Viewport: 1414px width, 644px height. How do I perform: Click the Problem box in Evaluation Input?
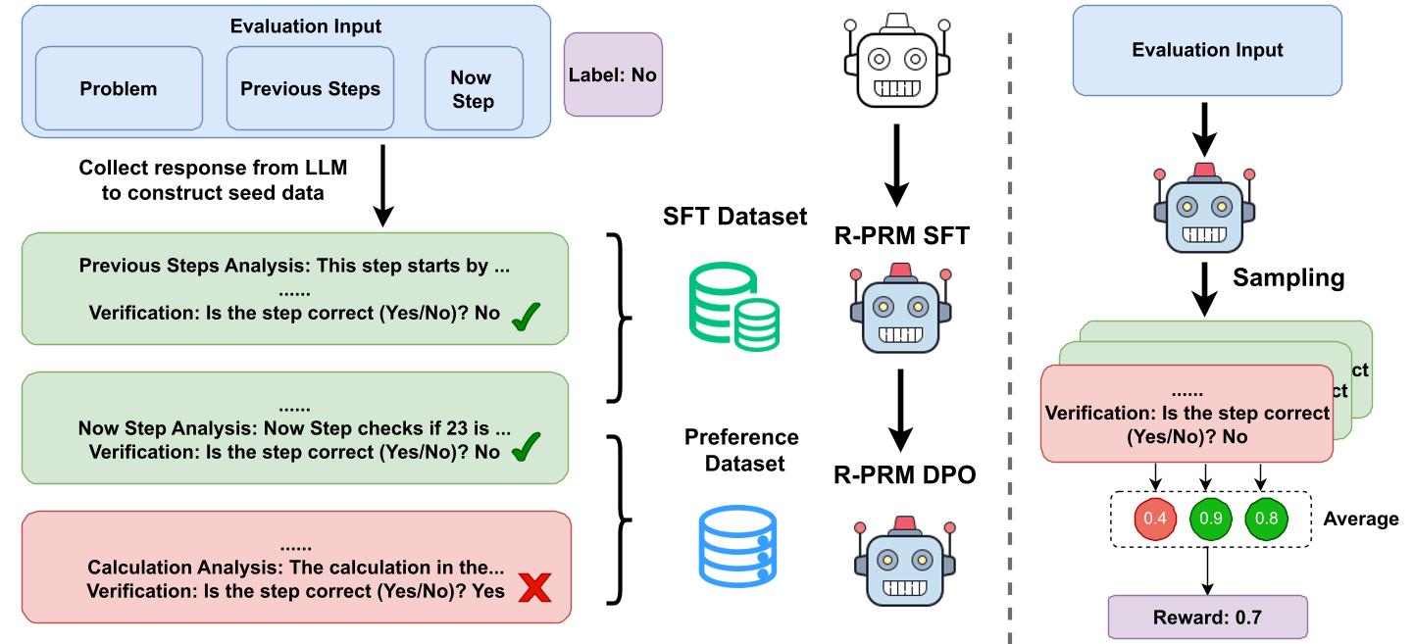(x=119, y=89)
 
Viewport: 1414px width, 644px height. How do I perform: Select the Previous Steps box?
(x=310, y=89)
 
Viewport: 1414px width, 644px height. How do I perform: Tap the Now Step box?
(x=471, y=89)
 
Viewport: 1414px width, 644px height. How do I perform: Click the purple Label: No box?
(x=613, y=74)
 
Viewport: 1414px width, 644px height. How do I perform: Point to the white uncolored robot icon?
(x=898, y=60)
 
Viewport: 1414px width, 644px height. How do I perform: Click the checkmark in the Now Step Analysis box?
(x=528, y=451)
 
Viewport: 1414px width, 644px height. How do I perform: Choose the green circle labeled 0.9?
(x=1212, y=518)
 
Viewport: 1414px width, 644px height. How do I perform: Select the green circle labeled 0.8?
(x=1266, y=518)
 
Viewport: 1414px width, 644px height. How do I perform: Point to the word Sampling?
(x=1288, y=276)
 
